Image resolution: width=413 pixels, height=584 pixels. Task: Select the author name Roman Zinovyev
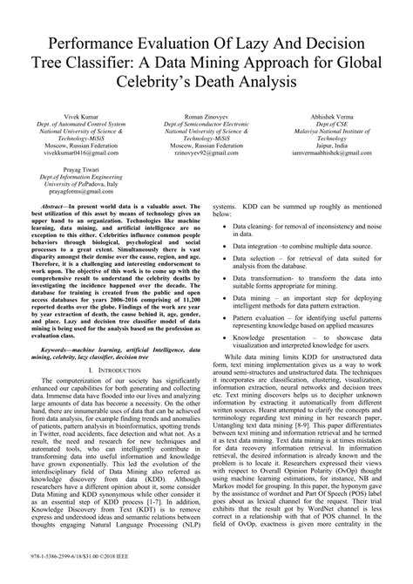click(x=206, y=117)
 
